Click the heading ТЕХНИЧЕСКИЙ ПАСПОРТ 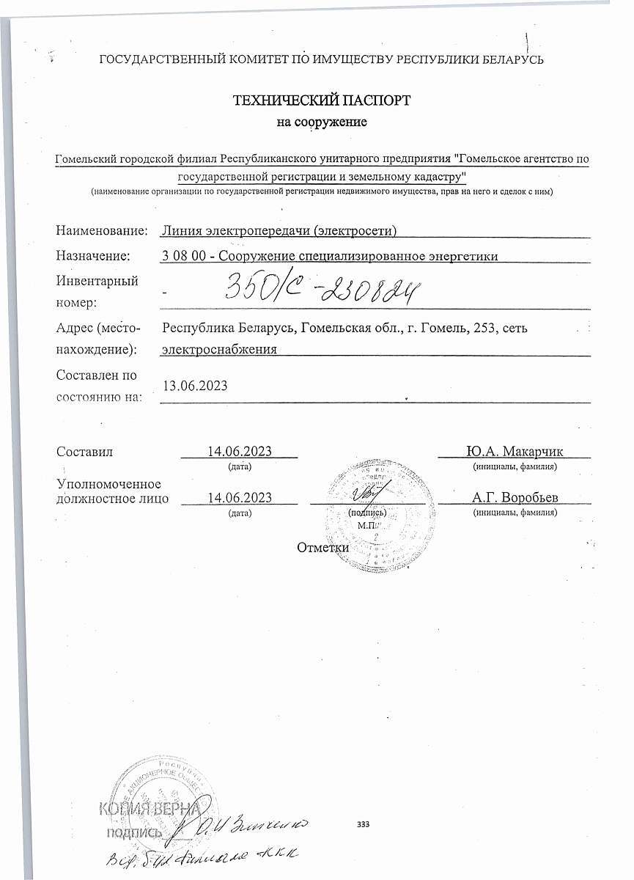tap(321, 100)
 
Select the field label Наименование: tap(102, 231)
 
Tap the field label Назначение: tap(93, 255)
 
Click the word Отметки tap(322, 547)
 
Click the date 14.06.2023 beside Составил tap(240, 451)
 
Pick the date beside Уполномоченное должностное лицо tap(240, 497)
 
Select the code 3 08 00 tap(184, 255)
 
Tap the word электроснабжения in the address tap(219, 349)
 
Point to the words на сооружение tap(321, 122)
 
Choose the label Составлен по tap(97, 375)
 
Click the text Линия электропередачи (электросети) tap(279, 231)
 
